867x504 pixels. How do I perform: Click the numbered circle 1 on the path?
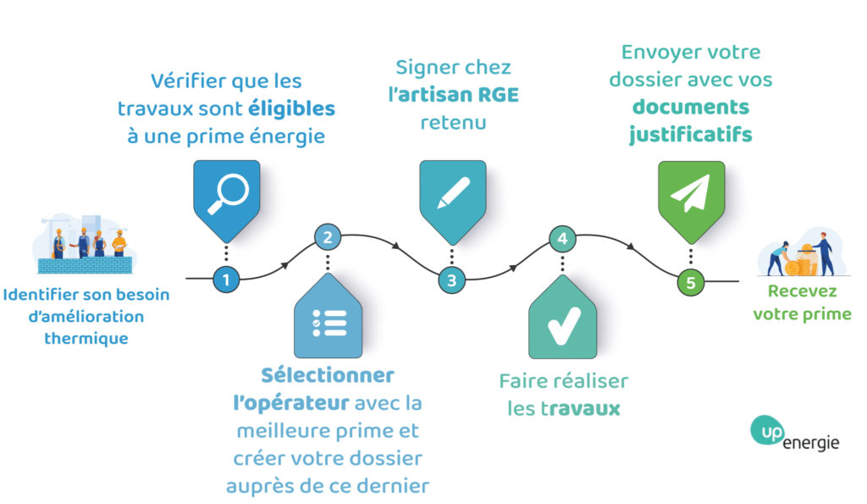pyautogui.click(x=225, y=279)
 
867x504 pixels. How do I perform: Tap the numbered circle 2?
pyautogui.click(x=327, y=236)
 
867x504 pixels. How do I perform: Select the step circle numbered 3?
pyautogui.click(x=451, y=280)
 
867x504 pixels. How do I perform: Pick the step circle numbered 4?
pyautogui.click(x=562, y=238)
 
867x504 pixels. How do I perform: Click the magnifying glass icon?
pyautogui.click(x=225, y=194)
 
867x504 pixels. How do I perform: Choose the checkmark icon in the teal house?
pyautogui.click(x=561, y=324)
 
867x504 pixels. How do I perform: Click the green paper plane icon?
pyautogui.click(x=690, y=195)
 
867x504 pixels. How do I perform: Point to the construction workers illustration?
pyautogui.click(x=85, y=243)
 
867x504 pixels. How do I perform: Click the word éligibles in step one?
pyautogui.click(x=291, y=109)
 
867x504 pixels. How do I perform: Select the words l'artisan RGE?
pyautogui.click(x=453, y=95)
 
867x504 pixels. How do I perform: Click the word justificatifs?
pyautogui.click(x=690, y=135)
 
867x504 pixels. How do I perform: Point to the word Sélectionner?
pyautogui.click(x=327, y=374)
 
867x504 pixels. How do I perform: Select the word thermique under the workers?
pyautogui.click(x=86, y=339)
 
